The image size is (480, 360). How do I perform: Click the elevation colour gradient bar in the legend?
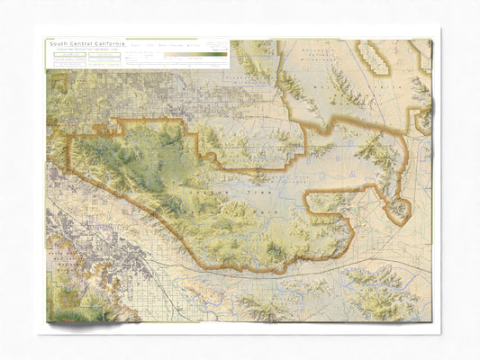(x=195, y=54)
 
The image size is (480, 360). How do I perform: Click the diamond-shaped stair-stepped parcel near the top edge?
(x=373, y=56)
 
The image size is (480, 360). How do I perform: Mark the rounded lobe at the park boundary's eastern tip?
(x=396, y=210)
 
